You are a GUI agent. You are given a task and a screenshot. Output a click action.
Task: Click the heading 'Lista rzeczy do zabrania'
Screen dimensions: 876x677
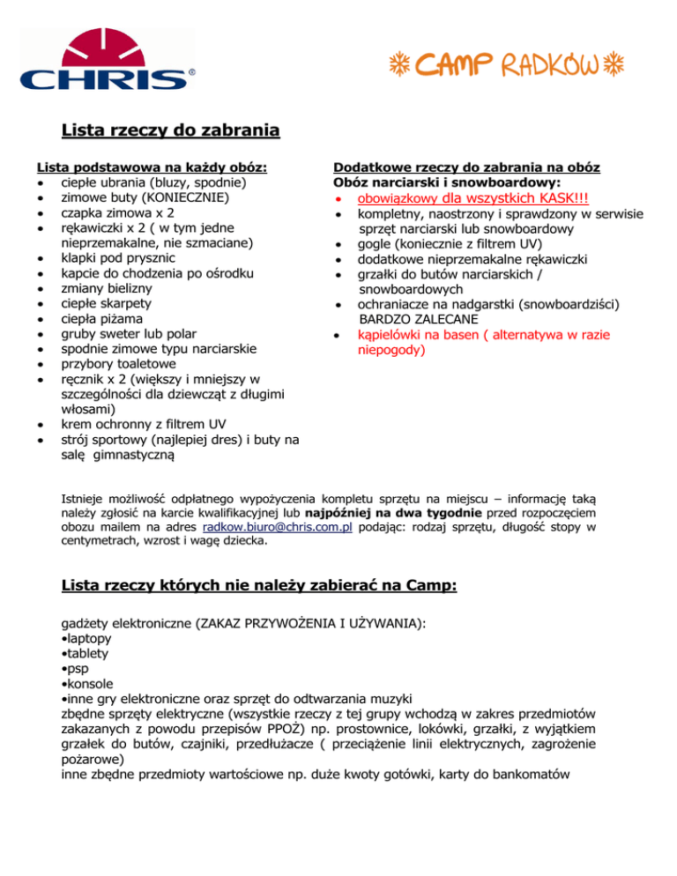tap(170, 131)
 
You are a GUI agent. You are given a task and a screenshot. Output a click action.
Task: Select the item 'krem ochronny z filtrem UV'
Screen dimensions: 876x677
tap(137, 425)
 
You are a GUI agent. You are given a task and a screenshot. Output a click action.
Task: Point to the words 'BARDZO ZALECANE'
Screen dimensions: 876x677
tap(418, 319)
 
